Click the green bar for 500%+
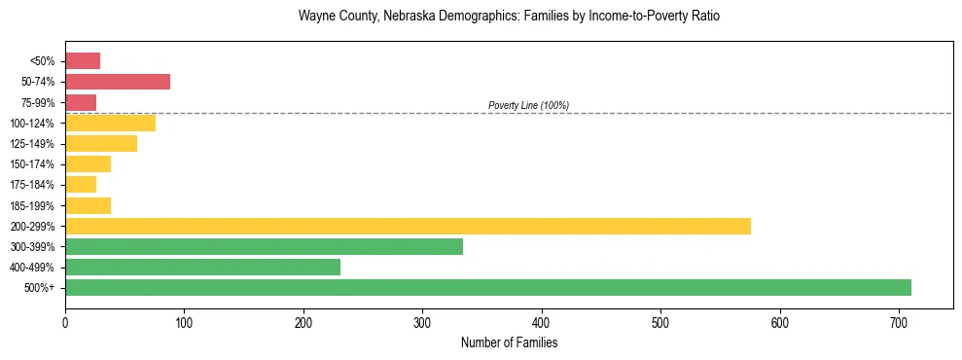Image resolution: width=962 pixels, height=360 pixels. point(487,287)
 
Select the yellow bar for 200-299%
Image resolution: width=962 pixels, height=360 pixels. point(408,226)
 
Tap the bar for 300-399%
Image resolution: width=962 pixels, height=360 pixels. point(264,246)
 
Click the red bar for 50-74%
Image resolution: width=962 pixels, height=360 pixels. point(118,82)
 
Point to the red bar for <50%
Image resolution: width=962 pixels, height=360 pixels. point(83,60)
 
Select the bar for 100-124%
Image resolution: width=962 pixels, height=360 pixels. point(110,123)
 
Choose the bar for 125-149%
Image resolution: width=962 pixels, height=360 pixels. point(101,143)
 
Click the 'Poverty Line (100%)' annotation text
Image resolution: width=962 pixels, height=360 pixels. point(528,105)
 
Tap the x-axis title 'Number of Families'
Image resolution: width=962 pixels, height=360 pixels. point(509,342)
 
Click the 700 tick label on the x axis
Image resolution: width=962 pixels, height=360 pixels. point(899,321)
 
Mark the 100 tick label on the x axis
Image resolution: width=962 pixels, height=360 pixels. point(184,321)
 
